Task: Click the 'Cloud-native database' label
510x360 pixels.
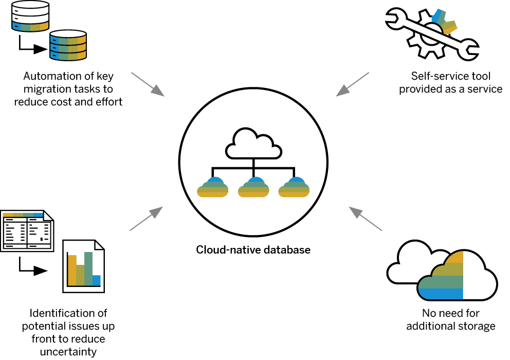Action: pyautogui.click(x=253, y=250)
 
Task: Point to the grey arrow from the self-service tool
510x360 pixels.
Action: pyautogui.click(x=353, y=84)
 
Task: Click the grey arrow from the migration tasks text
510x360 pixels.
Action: pyautogui.click(x=148, y=84)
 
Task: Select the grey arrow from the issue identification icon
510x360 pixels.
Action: pyautogui.click(x=146, y=218)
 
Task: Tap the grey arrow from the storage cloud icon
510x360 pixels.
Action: pyautogui.click(x=366, y=218)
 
